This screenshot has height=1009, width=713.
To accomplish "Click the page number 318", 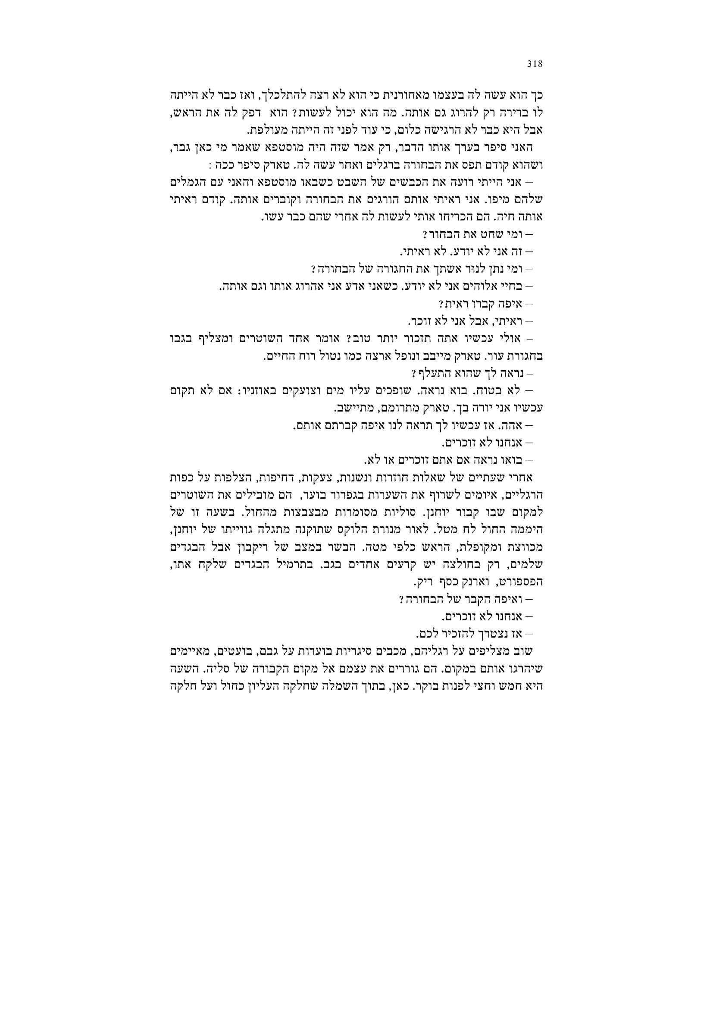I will point(535,64).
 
